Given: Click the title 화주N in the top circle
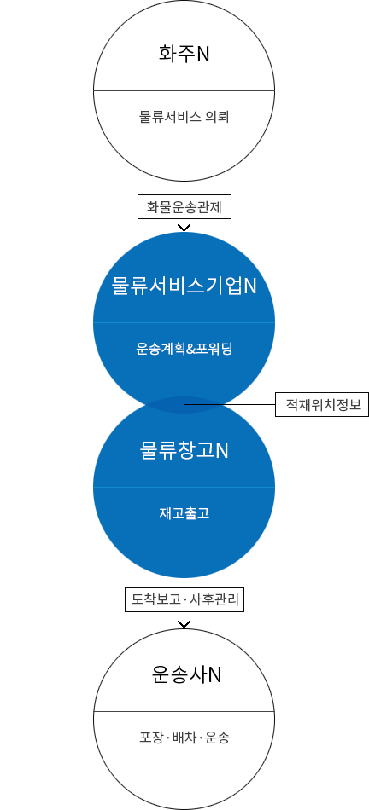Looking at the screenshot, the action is (x=184, y=54).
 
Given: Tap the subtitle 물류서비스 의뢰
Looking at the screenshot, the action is (x=184, y=117).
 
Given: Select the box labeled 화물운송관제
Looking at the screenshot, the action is (x=184, y=207).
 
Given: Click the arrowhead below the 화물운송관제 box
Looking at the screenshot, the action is (x=184, y=228).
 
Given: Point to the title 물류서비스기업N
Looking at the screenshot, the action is (x=184, y=286).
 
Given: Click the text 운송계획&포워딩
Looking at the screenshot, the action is (x=184, y=349).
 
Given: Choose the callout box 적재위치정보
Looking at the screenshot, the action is (x=322, y=404).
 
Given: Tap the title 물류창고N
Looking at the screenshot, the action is (x=184, y=450).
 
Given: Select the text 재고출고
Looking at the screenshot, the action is (x=184, y=513).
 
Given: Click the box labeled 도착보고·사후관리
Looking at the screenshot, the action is (x=184, y=599).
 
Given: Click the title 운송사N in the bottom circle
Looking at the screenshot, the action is (x=186, y=674).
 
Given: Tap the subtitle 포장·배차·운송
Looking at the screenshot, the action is (x=184, y=738).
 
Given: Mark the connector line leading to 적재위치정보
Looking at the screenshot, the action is (x=230, y=404).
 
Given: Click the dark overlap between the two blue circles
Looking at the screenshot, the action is (x=184, y=405).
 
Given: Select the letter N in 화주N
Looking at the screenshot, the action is (x=203, y=55).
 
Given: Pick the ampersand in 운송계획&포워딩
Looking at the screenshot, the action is (x=190, y=350).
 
